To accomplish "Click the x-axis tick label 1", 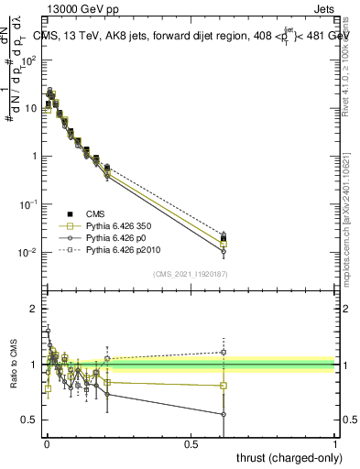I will pos(336,442).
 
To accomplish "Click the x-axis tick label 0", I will pos(46,442).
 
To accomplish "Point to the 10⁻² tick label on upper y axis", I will pos(29,252).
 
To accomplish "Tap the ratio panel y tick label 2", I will pos(34,309).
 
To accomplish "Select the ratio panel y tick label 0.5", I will pos(30,420).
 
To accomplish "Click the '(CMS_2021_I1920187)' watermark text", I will pos(190,273).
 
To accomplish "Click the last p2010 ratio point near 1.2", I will pos(224,352).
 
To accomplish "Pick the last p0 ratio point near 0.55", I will pos(224,414).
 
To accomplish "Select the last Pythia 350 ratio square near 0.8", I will pos(224,386).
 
